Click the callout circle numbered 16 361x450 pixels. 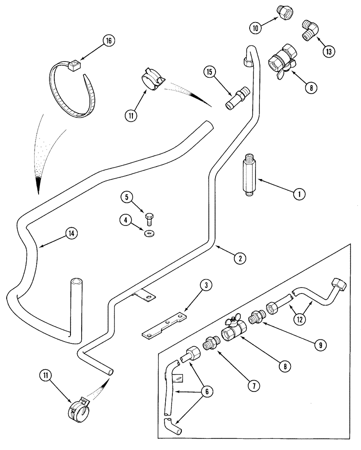pos(108,40)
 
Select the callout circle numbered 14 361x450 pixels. pos(70,233)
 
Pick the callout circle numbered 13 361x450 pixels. pos(328,52)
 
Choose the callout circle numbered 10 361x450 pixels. pos(256,28)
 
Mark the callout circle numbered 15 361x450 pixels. pos(208,72)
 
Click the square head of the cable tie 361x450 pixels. pos(74,66)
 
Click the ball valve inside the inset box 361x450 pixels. pos(232,331)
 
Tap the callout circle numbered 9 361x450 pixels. pos(320,345)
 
